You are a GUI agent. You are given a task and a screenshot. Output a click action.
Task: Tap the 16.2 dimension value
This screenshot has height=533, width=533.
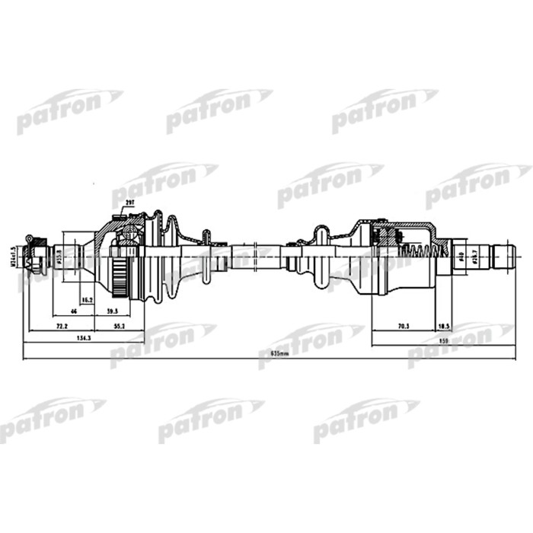[x=88, y=300]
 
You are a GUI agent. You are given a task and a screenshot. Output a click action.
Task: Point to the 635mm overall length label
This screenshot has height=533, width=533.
[x=269, y=354]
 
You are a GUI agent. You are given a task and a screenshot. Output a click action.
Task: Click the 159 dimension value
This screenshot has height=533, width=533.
[x=442, y=340]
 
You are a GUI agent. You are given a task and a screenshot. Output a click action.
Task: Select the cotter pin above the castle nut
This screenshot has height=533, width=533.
[x=30, y=238]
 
